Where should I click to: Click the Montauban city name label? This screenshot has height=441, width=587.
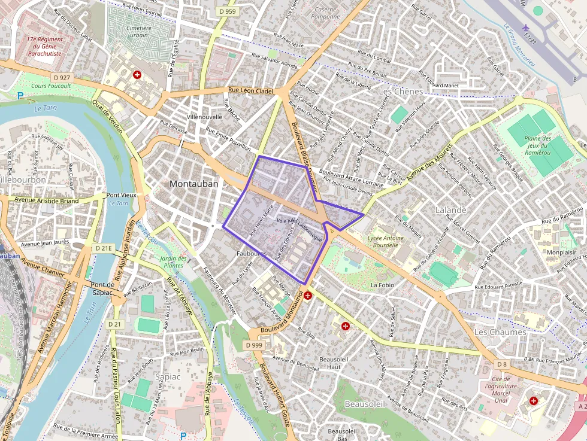[x=193, y=184]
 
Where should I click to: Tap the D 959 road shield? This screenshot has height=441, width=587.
[x=228, y=11]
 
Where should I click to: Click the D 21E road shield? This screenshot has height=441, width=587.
[x=104, y=248]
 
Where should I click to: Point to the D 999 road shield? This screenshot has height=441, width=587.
[x=254, y=345]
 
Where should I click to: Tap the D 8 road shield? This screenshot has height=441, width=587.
[x=502, y=364]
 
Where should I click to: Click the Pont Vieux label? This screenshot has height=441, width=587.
[x=121, y=195]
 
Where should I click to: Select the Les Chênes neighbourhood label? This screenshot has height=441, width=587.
[x=401, y=92]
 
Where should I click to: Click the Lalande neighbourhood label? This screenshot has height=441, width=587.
[x=450, y=210]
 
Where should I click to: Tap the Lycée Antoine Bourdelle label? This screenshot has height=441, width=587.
[x=385, y=241]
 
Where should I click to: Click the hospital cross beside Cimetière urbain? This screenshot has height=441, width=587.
[x=137, y=75]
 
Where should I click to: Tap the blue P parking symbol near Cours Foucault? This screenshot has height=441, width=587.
[x=20, y=96]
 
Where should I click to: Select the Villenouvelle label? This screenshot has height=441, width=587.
[x=204, y=117]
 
